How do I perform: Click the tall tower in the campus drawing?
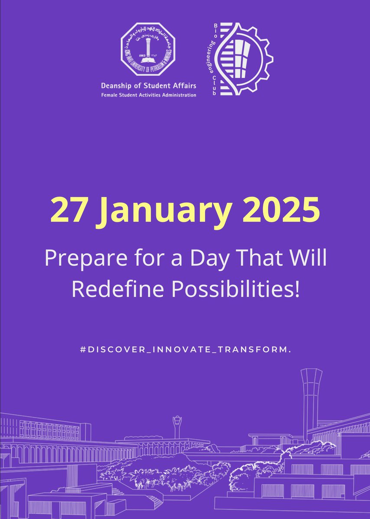coord(311,398)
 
